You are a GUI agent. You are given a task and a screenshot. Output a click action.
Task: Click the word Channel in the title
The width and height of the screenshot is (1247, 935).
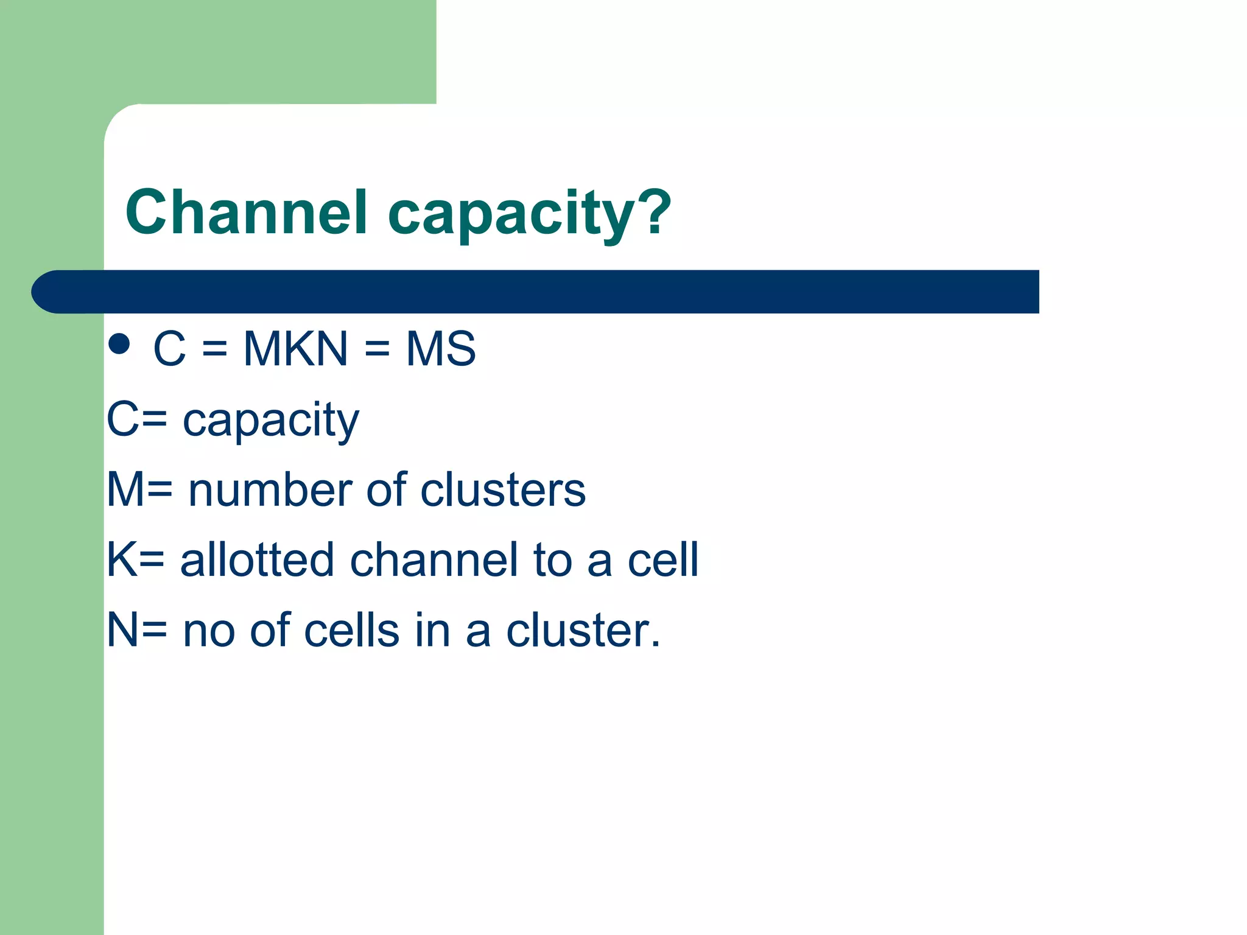tap(246, 212)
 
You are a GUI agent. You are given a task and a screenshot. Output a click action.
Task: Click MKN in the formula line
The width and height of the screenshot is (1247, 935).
tap(295, 349)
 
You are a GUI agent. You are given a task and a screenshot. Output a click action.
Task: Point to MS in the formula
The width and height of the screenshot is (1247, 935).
tap(440, 349)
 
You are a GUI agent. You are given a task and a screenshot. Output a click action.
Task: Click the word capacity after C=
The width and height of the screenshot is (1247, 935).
tap(270, 421)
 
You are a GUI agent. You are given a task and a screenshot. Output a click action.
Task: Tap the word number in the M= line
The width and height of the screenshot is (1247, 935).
tap(270, 490)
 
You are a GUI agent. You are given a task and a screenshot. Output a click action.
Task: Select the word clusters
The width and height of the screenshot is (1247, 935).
tap(503, 490)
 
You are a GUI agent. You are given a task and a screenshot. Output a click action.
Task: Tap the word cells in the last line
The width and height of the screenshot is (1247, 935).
tap(351, 631)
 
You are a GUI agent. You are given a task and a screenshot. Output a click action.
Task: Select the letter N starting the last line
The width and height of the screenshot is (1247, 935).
tap(121, 631)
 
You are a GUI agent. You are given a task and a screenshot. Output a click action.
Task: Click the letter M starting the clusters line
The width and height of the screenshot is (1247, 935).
tap(123, 490)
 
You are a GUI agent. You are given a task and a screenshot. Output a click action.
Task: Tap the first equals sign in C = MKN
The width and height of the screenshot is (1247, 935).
tap(214, 349)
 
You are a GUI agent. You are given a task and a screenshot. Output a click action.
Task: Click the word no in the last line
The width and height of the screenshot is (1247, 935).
tap(209, 632)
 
